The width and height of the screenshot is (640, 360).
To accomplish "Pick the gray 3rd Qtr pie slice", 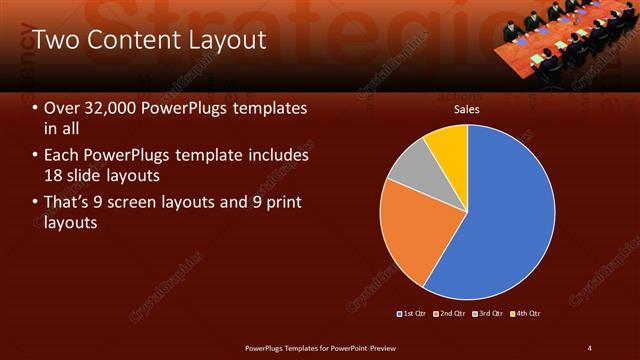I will [410, 170].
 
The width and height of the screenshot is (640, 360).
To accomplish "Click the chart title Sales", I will [467, 110].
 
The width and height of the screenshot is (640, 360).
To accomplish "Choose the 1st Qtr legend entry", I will [415, 314].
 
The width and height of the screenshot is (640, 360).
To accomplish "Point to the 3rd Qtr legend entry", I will [490, 314].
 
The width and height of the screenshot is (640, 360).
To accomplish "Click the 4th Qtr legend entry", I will [527, 314].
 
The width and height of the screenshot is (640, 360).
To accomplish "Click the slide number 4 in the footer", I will [590, 348].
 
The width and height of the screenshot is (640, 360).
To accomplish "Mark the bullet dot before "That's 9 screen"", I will [36, 204].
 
